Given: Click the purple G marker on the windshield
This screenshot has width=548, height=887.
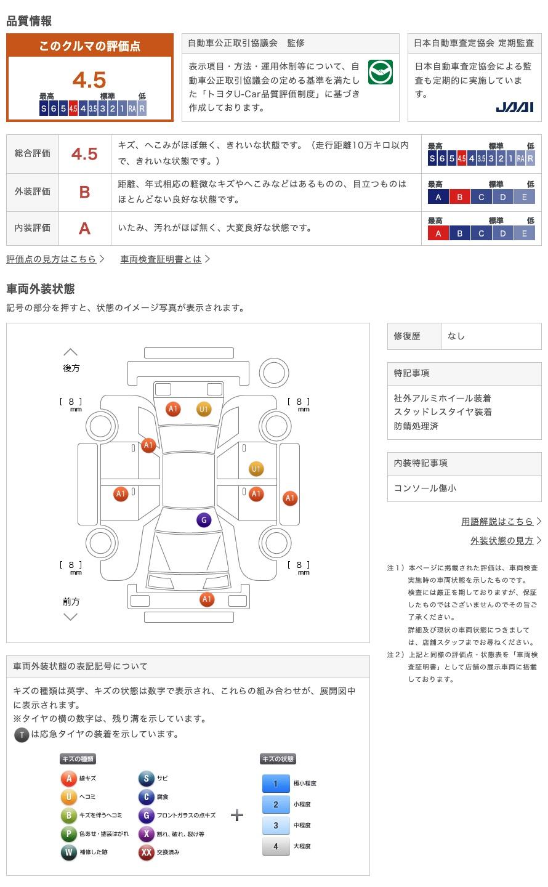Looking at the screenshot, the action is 204,520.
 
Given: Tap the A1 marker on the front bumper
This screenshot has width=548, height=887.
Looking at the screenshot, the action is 207,599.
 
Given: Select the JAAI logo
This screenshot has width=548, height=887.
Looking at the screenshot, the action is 514,107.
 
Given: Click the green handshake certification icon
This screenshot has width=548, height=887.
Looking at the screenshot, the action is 380,72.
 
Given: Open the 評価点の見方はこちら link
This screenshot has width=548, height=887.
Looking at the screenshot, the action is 51,259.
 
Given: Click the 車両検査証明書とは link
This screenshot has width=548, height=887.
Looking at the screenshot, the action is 161,259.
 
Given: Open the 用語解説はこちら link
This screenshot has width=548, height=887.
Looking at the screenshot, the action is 497,521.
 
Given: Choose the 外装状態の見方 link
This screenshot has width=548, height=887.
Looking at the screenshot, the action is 502,541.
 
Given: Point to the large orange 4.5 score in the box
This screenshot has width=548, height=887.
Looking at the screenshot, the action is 89,79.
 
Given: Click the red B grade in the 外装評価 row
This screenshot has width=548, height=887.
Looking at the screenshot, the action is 84,192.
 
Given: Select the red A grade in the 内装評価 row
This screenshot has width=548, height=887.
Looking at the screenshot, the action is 84,228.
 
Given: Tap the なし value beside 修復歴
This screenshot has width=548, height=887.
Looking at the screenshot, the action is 456,336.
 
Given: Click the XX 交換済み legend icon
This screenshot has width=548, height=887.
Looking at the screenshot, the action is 147,852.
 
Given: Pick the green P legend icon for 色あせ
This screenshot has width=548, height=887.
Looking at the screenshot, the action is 68,833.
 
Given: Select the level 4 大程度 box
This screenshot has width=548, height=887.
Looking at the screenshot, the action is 276,846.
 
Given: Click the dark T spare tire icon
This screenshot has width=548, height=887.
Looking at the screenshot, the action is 22,735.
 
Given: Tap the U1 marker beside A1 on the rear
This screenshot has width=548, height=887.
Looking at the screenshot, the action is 204,409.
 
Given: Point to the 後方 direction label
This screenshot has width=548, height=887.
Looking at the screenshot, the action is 71,368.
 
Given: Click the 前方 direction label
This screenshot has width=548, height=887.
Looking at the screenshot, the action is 71,601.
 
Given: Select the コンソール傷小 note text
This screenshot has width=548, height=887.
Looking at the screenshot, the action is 425,488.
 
